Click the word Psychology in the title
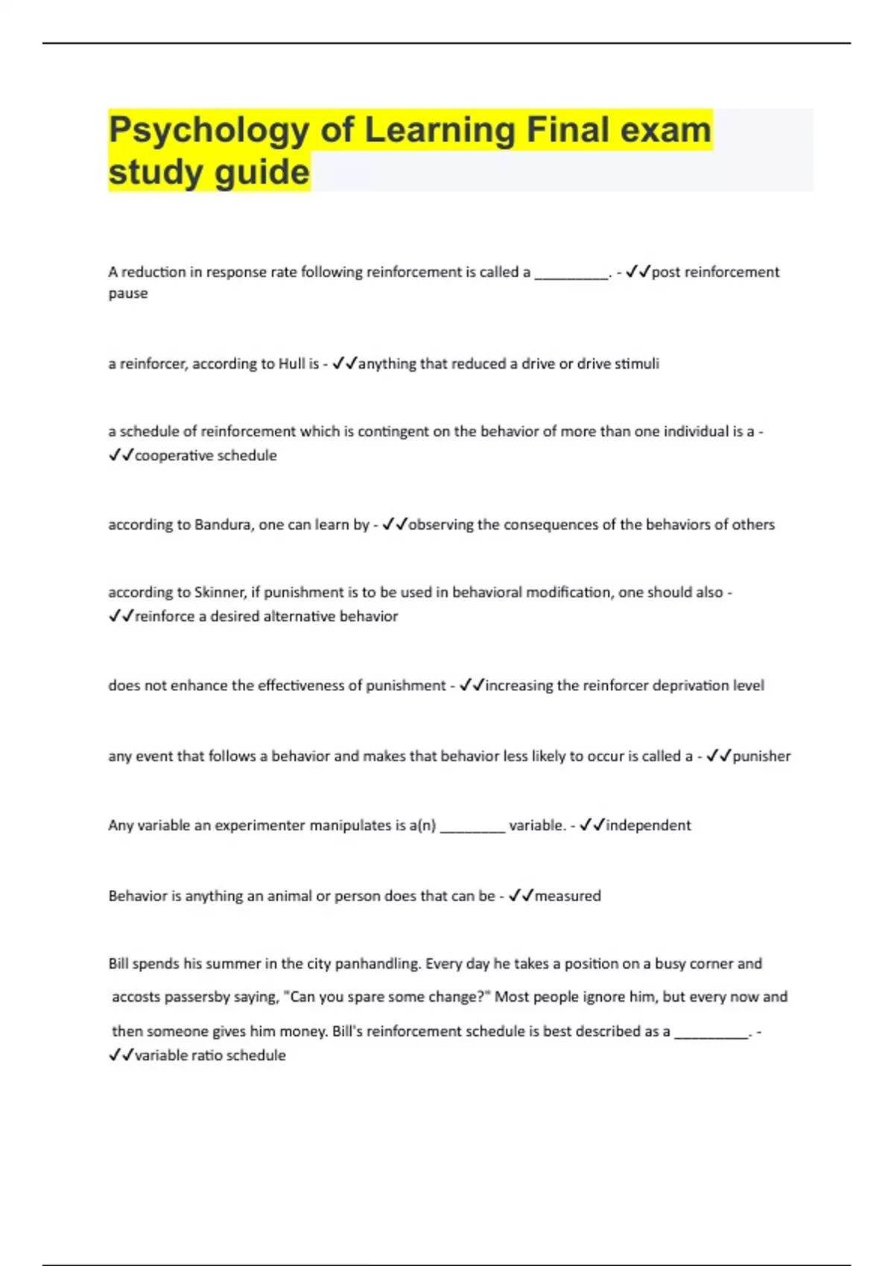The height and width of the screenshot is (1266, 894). click(x=209, y=131)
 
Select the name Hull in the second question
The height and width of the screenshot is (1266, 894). click(x=291, y=364)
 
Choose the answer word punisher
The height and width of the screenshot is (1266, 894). click(x=761, y=757)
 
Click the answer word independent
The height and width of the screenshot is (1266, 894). click(x=648, y=826)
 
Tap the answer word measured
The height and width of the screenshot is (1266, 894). click(x=568, y=896)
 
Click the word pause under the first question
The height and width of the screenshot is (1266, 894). click(x=128, y=293)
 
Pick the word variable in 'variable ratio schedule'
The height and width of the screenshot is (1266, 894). click(x=159, y=1055)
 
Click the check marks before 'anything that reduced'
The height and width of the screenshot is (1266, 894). click(x=344, y=364)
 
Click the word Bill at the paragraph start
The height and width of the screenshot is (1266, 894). click(x=118, y=964)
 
